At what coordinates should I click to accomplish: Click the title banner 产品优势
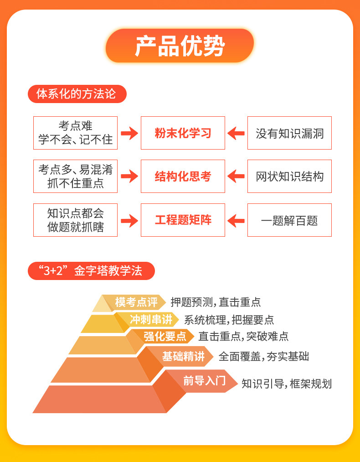coord(180,46)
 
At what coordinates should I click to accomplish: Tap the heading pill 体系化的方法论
coord(77,94)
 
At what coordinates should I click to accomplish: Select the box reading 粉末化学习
coord(183,133)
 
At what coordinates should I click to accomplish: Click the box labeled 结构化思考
coord(183,176)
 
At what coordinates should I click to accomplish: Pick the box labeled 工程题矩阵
coord(183,220)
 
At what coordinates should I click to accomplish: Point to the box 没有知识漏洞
coord(289,133)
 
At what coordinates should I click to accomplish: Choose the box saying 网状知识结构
coord(289,176)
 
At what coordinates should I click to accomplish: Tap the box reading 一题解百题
coord(289,220)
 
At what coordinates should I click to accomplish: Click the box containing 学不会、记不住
coord(75,133)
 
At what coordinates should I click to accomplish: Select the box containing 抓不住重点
coord(75,176)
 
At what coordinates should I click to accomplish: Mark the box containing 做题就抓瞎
coord(75,220)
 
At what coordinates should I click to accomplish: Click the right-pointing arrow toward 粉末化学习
coord(129,133)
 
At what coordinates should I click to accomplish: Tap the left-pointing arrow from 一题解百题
coord(236,221)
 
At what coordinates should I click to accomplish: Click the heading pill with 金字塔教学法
coord(91,270)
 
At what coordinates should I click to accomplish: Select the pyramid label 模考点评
coord(136,302)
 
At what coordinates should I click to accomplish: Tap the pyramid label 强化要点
coord(165,337)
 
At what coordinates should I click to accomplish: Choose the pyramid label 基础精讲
coord(183,357)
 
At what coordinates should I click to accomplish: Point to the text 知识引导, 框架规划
coord(286,384)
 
